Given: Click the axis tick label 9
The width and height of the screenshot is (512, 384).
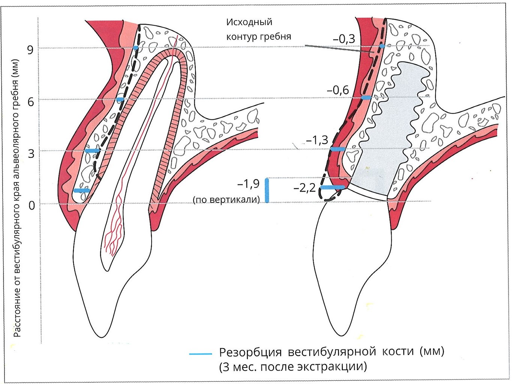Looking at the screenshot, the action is pyautogui.click(x=30, y=50).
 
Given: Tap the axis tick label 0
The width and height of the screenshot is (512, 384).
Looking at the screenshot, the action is pyautogui.click(x=31, y=205).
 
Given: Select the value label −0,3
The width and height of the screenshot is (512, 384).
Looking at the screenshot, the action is pyautogui.click(x=344, y=39).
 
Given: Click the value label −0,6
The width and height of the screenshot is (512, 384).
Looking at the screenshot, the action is pyautogui.click(x=338, y=90).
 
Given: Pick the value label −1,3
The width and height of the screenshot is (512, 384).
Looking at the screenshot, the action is pyautogui.click(x=317, y=140).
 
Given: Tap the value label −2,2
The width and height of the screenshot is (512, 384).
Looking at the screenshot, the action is pyautogui.click(x=305, y=188).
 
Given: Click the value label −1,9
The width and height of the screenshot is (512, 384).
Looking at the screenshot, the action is pyautogui.click(x=248, y=184).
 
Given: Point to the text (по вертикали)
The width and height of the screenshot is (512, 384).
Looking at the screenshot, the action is pyautogui.click(x=226, y=200).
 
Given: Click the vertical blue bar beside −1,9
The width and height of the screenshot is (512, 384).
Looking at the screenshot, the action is pyautogui.click(x=267, y=190).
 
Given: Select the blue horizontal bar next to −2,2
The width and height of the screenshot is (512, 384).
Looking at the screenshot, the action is pyautogui.click(x=332, y=187).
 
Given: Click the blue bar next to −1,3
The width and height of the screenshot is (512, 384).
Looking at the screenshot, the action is pyautogui.click(x=338, y=149).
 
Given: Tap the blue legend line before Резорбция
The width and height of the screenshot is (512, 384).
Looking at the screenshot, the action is pyautogui.click(x=201, y=354).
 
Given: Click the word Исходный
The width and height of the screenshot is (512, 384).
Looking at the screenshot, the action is pyautogui.click(x=249, y=22).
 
